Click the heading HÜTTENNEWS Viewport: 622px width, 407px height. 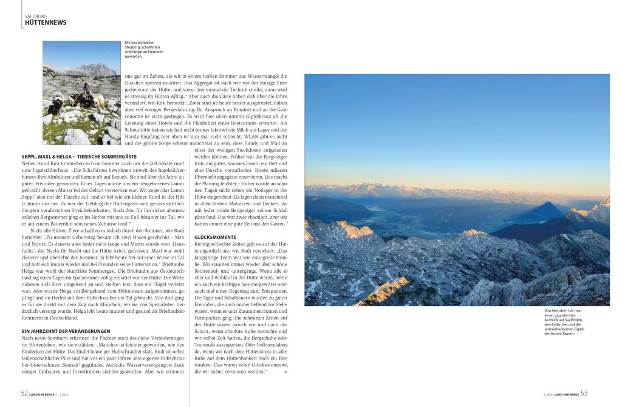coord(46,23)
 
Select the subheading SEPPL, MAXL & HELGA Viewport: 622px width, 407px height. coord(79,157)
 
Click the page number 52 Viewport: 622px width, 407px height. coord(25,393)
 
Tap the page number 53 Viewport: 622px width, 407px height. coord(584,393)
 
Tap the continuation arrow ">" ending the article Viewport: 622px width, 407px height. coord(285,371)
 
